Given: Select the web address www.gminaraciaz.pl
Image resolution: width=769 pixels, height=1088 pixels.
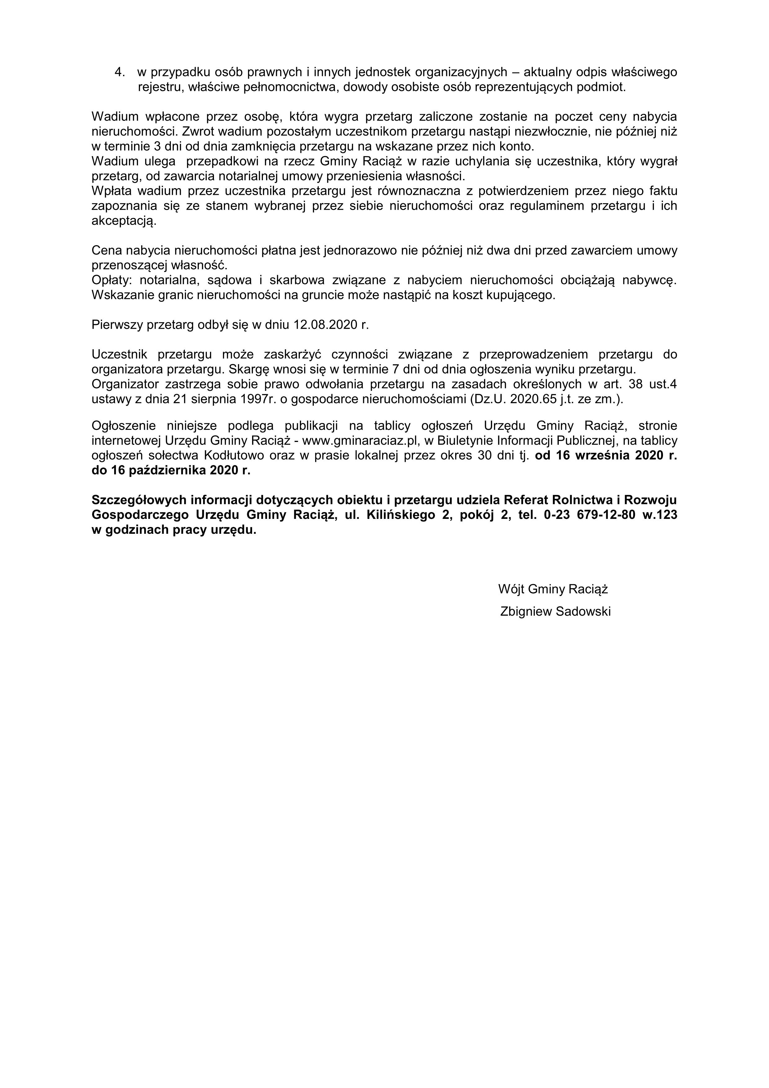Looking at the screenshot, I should pyautogui.click(x=361, y=441).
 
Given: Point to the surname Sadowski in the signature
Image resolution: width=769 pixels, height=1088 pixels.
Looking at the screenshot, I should pyautogui.click(x=583, y=611).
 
